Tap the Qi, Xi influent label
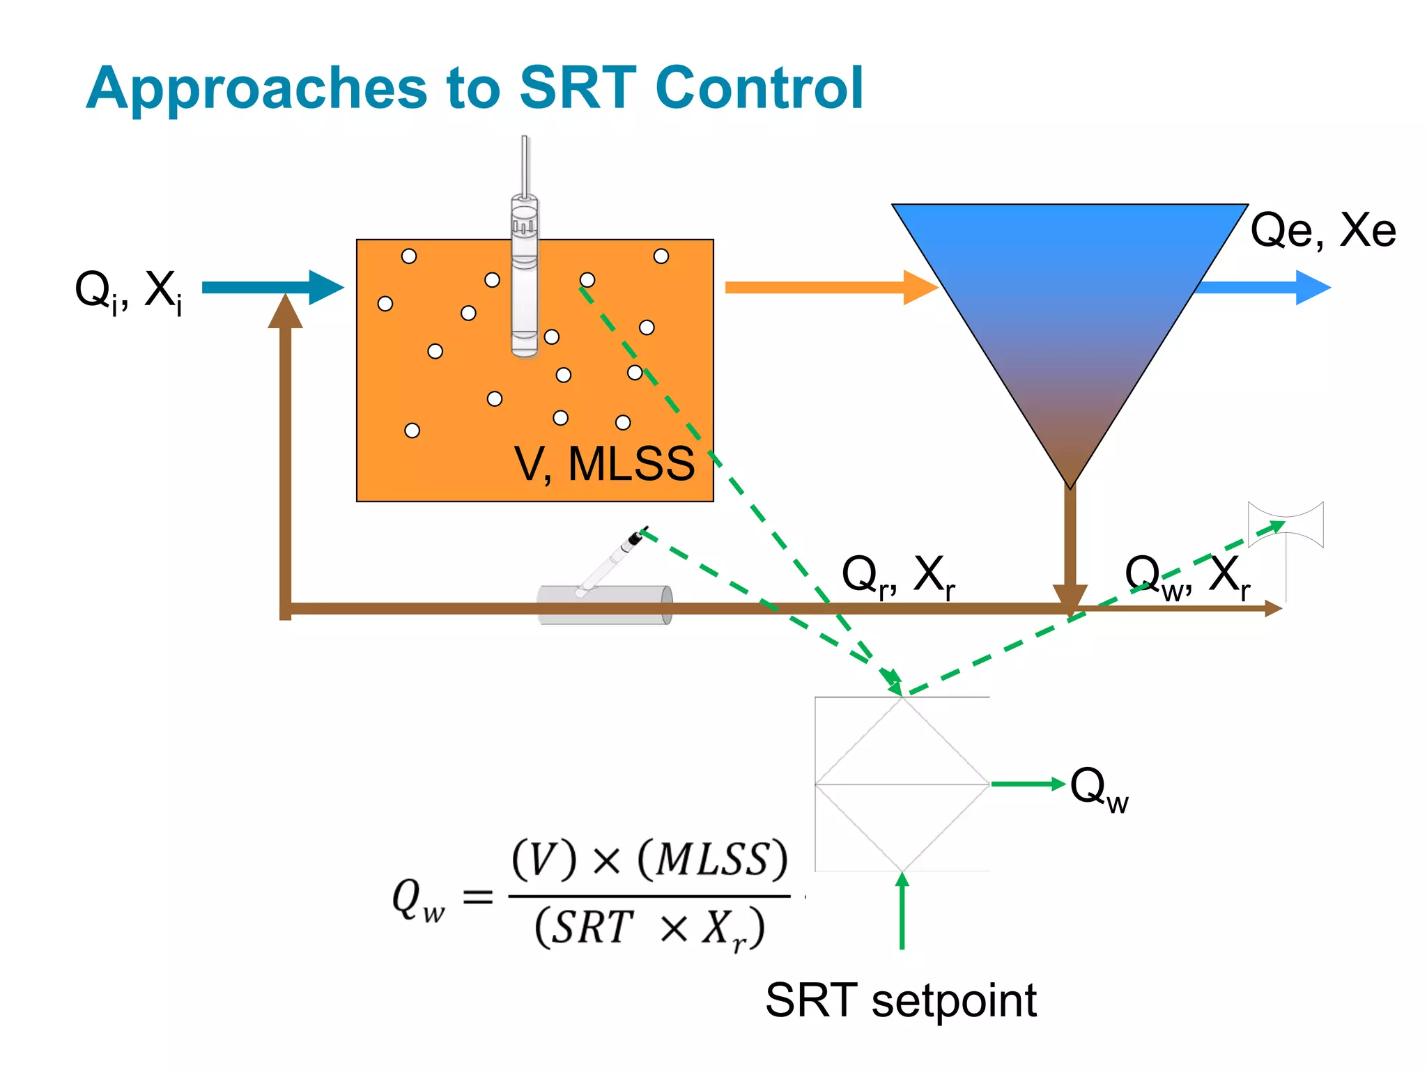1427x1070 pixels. (x=130, y=291)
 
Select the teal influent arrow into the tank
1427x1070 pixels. (x=272, y=288)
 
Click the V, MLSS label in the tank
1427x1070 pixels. (x=604, y=464)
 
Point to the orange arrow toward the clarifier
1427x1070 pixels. (x=829, y=288)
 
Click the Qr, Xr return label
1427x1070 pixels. (x=898, y=576)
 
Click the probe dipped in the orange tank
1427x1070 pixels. (x=525, y=279)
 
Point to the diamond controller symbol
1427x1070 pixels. (x=902, y=784)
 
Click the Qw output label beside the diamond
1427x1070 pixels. (x=1099, y=789)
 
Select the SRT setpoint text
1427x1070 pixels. (x=901, y=1000)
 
